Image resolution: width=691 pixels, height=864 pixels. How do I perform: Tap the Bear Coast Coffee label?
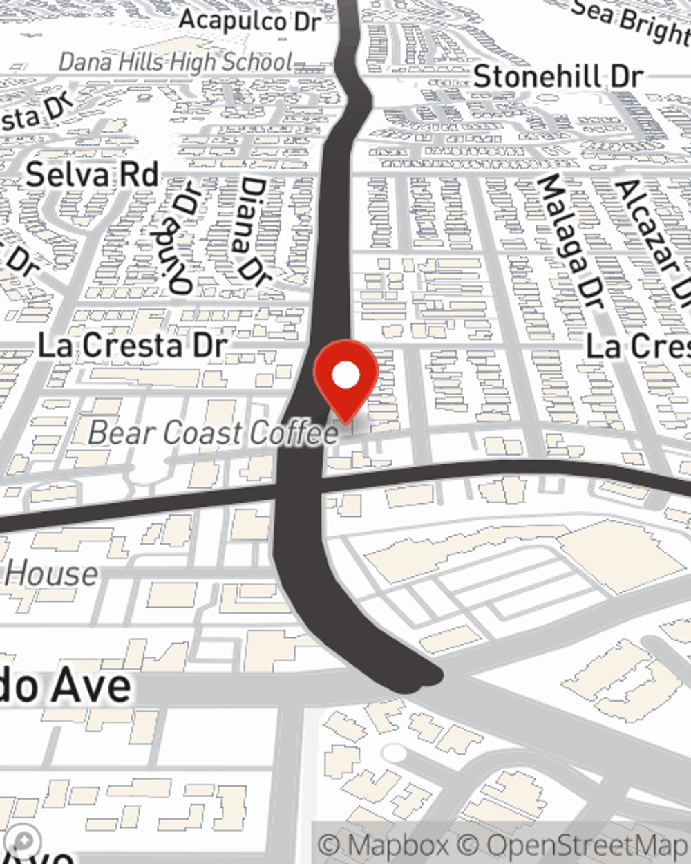pyautogui.click(x=214, y=433)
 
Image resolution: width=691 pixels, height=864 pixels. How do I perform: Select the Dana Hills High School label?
pyautogui.click(x=176, y=62)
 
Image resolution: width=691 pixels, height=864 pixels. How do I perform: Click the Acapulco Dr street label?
pyautogui.click(x=250, y=20)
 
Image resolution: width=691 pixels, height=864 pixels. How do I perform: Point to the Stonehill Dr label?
pyautogui.click(x=558, y=76)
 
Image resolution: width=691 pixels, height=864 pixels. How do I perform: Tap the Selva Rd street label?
pyautogui.click(x=92, y=175)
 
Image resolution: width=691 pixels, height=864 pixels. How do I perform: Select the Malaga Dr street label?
pyautogui.click(x=571, y=241)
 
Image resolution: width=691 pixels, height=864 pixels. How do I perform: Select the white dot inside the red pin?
pyautogui.click(x=345, y=376)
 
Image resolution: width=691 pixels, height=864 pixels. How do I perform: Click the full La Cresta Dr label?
pyautogui.click(x=132, y=346)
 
